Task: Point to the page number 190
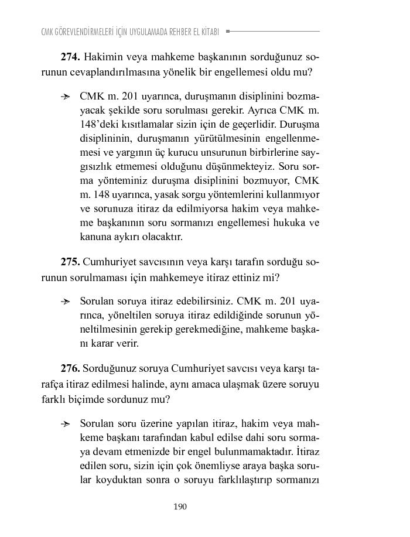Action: coord(180,507)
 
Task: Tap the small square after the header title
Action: coord(228,31)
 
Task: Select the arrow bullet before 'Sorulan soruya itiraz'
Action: coord(66,302)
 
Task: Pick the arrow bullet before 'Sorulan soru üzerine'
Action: coord(66,423)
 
